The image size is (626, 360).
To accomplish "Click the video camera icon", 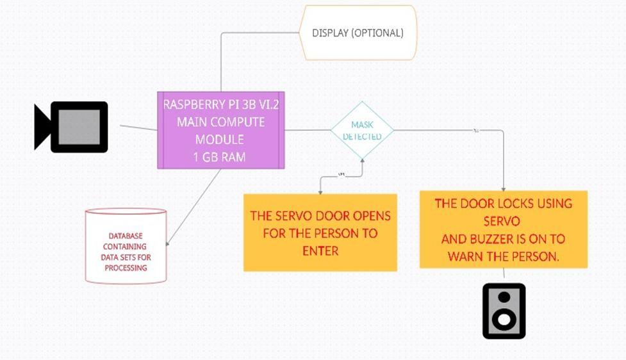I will point(72,127).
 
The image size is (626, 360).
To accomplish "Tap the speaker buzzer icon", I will point(504,311).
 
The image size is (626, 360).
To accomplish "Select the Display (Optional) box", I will point(358,33).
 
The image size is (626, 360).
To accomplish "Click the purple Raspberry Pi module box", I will point(221,131).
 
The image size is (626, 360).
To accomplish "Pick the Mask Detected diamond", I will point(362,130).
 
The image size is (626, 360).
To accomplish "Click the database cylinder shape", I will point(126,245).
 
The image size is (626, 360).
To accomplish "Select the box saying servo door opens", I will point(320,233).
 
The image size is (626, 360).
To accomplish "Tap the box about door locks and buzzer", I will point(503,229).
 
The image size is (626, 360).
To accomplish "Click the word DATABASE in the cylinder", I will point(126,236).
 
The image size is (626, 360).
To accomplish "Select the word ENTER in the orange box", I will point(320,250).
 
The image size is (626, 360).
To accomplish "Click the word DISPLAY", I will point(330,33).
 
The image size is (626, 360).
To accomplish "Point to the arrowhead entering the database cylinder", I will point(168,243).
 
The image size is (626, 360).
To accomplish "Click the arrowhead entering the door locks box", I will point(503,188).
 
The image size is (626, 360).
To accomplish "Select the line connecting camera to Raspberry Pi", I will point(138,127).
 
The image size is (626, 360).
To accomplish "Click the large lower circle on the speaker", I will point(504,318).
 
